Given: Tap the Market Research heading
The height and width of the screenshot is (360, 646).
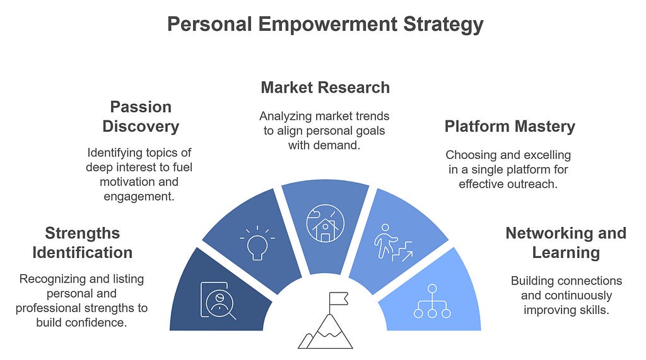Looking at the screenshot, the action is [x=325, y=87].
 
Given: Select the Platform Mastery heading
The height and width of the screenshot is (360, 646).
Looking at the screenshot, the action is [x=510, y=126].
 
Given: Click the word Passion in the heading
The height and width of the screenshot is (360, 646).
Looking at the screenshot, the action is [x=141, y=107].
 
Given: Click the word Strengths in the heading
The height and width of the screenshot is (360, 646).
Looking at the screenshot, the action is [x=83, y=233].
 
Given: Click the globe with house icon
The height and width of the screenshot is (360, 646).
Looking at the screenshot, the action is [x=325, y=223].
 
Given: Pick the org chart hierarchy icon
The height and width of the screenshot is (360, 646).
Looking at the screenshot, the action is [x=432, y=301].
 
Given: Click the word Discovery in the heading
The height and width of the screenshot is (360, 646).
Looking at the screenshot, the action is [x=141, y=126].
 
